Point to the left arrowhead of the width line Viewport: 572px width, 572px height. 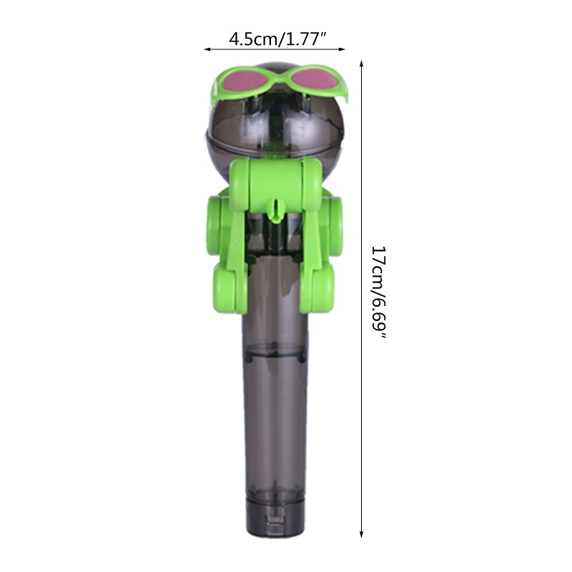click(208, 50)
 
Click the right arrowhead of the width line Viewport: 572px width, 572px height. click(342, 50)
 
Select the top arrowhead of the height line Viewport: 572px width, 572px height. click(362, 63)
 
